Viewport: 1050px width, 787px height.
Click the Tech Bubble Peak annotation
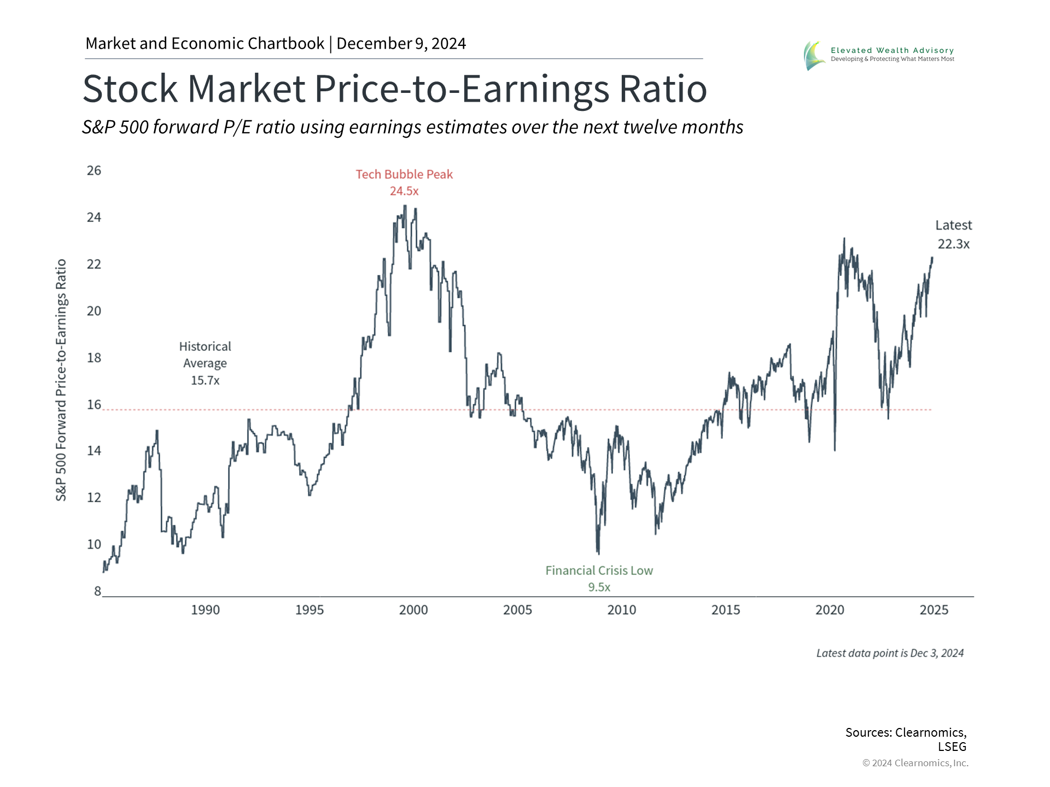404,174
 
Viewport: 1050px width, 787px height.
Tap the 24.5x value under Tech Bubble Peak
404,191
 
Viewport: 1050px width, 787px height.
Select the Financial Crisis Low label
599,571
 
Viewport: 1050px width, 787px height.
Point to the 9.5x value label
599,588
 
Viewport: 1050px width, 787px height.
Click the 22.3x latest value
953,244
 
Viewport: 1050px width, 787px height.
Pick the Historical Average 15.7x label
205,363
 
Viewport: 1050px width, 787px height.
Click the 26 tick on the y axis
94,171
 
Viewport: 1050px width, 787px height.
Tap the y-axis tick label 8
97,591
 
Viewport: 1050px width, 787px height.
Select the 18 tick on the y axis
94,357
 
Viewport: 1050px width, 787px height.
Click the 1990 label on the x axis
205,610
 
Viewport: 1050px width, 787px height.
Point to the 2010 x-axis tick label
622,610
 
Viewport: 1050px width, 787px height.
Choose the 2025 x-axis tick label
934,610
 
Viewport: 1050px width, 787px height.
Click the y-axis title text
61,380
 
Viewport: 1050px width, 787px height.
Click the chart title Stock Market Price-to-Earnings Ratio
394,89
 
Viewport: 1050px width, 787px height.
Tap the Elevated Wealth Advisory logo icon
814,56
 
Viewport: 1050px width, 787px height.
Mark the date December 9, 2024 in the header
401,44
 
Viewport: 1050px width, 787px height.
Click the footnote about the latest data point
890,653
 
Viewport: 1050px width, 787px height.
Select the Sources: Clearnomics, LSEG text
906,739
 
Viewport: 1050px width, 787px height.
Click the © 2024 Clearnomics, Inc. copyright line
915,763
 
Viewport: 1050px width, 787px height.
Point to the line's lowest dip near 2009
598,553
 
